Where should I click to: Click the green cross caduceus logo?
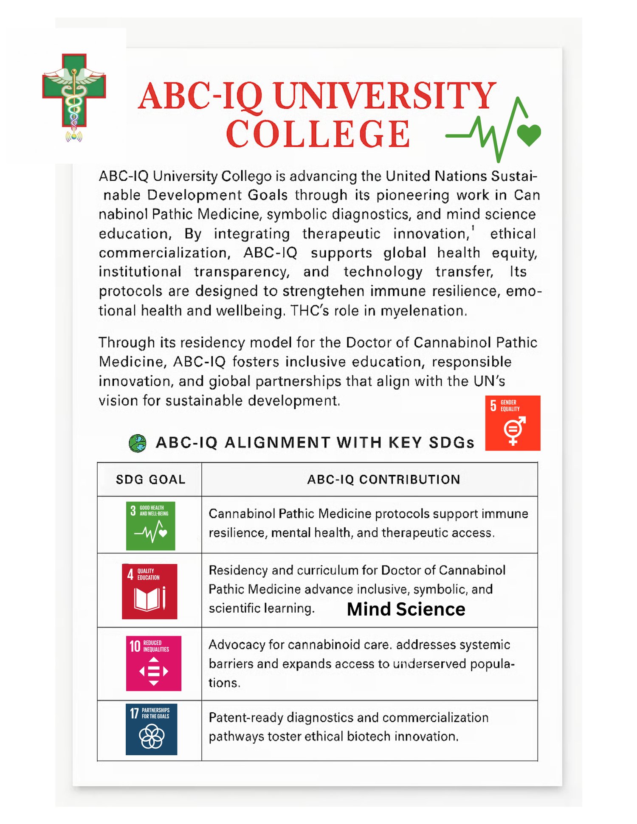point(74,96)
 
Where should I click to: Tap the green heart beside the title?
point(529,135)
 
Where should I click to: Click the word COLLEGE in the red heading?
point(318,134)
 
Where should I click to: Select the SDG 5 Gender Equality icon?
point(513,423)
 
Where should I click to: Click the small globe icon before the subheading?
point(138,443)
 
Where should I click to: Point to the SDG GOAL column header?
point(150,480)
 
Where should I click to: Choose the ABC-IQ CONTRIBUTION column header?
point(383,480)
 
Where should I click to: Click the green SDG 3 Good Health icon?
point(151,526)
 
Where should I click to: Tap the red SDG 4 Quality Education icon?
point(149,591)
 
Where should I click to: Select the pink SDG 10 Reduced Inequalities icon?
point(154,663)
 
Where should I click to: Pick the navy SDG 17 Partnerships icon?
point(152,729)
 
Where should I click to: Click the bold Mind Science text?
point(406,609)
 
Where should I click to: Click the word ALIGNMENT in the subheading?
point(277,443)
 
